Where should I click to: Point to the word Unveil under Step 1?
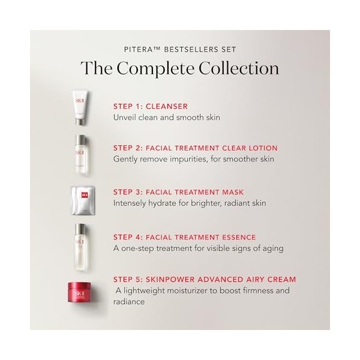pyautogui.click(x=127, y=117)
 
